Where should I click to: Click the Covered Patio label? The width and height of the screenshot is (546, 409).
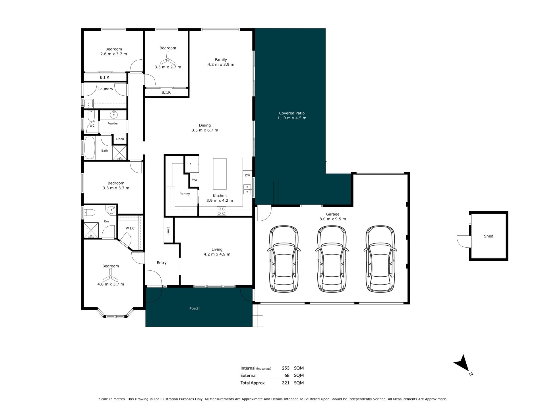292,113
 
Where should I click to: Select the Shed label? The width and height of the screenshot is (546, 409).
488,236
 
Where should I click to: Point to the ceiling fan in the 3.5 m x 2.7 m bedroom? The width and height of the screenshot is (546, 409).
168,60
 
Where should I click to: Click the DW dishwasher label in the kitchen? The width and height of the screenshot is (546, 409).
247,175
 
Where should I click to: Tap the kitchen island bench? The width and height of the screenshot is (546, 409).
220,174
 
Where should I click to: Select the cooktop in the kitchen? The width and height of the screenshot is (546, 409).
222,211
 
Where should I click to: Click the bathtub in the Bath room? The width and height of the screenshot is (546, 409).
90,148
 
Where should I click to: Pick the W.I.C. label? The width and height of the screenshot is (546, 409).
131,228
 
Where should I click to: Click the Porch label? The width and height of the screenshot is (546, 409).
194,308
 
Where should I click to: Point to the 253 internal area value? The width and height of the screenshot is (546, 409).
286,368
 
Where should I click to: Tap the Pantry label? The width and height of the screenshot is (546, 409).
185,194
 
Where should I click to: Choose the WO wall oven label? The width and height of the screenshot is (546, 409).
195,180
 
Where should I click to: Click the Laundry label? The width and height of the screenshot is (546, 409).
106,89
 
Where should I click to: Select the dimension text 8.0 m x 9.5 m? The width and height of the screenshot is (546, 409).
333,219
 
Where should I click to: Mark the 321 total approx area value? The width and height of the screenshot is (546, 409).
286,383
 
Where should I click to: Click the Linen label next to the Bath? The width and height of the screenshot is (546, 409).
120,139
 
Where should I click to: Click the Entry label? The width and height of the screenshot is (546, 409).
162,263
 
